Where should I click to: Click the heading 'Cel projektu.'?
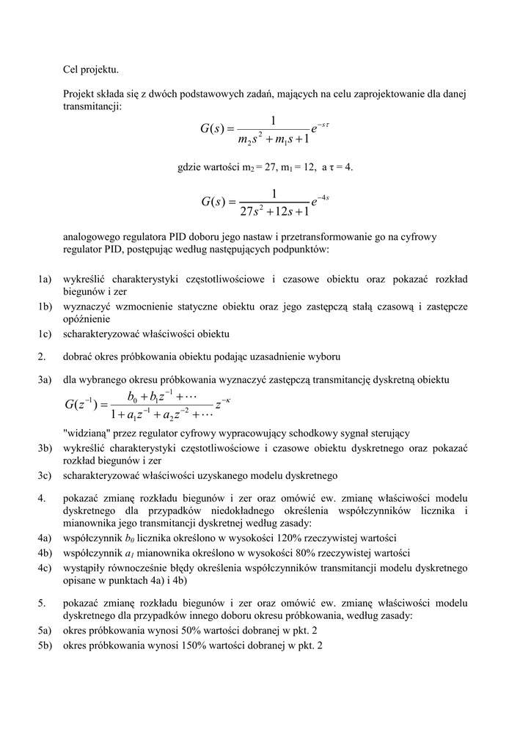tap(90, 70)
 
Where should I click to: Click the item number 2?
tap(42, 356)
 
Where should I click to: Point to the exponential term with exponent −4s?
tap(319, 199)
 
